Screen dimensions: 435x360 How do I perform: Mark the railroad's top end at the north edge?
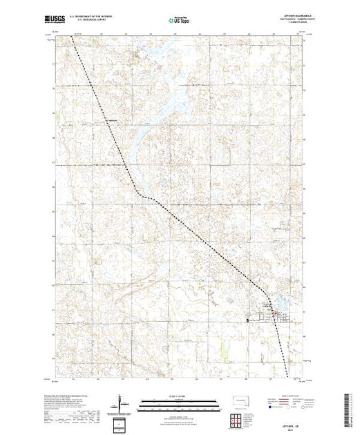point(71,37)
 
